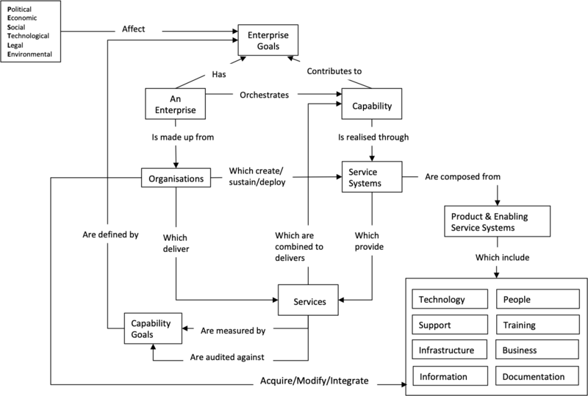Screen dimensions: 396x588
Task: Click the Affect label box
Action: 137,29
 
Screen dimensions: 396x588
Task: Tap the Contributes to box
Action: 336,71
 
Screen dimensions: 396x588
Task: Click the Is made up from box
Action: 187,137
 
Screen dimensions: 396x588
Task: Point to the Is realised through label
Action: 373,137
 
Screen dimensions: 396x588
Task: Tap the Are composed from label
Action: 470,176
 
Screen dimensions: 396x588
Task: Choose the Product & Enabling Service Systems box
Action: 498,222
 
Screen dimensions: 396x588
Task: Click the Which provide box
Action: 373,241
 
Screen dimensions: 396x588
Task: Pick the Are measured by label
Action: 233,331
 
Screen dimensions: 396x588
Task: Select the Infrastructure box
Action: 451,350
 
